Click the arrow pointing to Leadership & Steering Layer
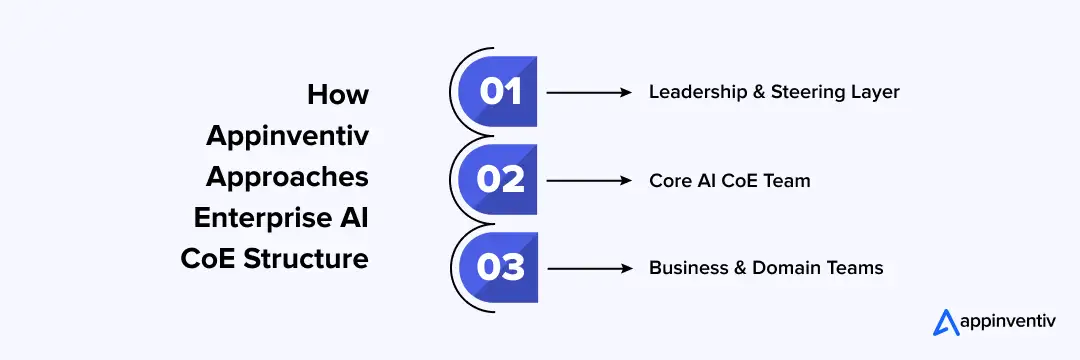point(590,92)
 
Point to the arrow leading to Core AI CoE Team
point(590,180)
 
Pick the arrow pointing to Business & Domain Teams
point(590,268)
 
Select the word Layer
point(877,92)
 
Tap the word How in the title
point(338,95)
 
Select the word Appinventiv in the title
point(287,136)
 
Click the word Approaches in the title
point(287,177)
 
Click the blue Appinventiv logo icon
point(945,322)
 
